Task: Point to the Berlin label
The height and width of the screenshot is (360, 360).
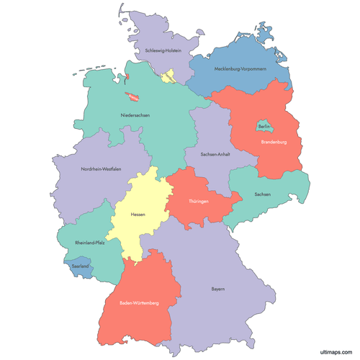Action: (x=264, y=126)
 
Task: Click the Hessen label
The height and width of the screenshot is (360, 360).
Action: (x=138, y=214)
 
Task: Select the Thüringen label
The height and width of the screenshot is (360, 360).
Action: (x=199, y=201)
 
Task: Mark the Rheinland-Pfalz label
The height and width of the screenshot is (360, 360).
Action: (x=90, y=243)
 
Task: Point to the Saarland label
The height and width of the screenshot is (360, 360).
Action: (x=81, y=266)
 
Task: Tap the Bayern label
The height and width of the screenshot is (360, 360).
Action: (x=218, y=289)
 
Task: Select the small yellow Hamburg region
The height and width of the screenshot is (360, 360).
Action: (x=170, y=76)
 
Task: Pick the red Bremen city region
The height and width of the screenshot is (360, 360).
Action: (x=133, y=97)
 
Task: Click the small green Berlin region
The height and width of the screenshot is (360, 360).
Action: (x=264, y=128)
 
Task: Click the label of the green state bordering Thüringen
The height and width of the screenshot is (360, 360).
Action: (x=263, y=194)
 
